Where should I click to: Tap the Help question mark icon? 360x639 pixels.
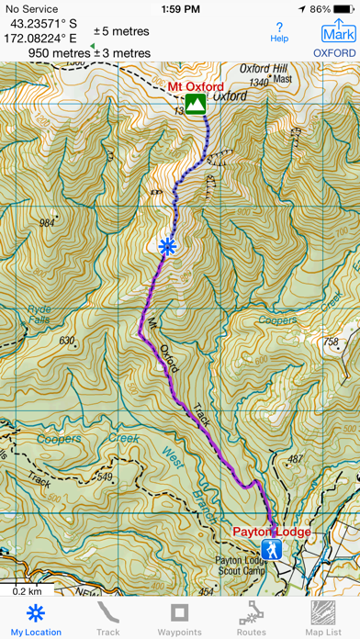[x=279, y=32]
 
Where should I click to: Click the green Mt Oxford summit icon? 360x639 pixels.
[x=195, y=105]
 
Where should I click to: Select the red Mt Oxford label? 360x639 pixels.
[x=196, y=88]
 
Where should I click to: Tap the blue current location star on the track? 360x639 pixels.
[x=166, y=245]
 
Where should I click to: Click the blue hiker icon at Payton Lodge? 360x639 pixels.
[x=271, y=549]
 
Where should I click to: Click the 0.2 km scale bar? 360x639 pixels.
[x=27, y=589]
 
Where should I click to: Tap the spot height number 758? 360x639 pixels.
[x=332, y=342]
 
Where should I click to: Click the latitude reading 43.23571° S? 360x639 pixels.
[x=45, y=25]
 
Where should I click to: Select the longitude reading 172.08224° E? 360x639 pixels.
[x=45, y=39]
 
